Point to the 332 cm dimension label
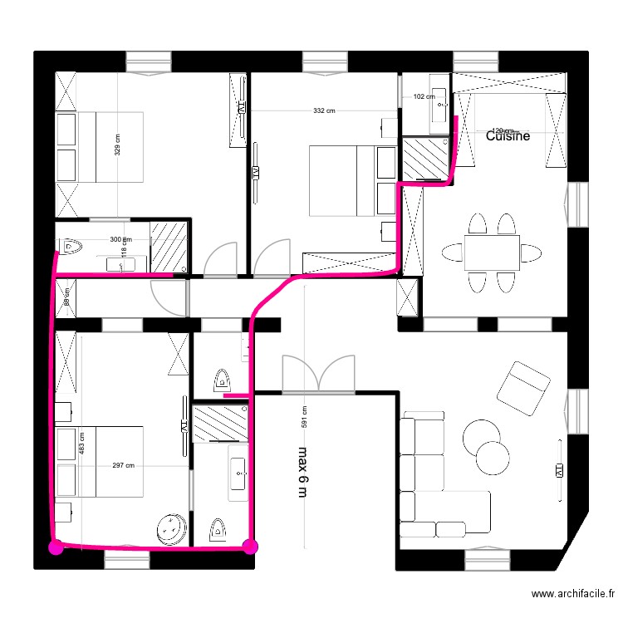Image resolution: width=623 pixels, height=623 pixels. point(324,110)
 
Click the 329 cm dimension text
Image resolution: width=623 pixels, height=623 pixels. point(117,146)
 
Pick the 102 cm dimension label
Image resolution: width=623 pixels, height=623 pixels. point(424,97)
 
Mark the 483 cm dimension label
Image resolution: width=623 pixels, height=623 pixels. point(81,442)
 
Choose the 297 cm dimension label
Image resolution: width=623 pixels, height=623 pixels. point(123,466)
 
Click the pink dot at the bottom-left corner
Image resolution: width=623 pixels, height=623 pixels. point(56,547)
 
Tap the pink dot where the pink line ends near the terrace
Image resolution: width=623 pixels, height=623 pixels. point(250,546)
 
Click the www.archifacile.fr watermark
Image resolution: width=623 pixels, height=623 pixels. point(572,594)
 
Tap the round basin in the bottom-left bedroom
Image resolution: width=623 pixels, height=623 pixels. point(172,527)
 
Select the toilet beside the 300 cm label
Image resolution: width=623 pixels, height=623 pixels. point(71,246)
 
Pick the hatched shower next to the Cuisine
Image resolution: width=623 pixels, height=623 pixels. point(424,159)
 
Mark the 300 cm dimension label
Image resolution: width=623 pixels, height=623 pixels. point(120,240)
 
